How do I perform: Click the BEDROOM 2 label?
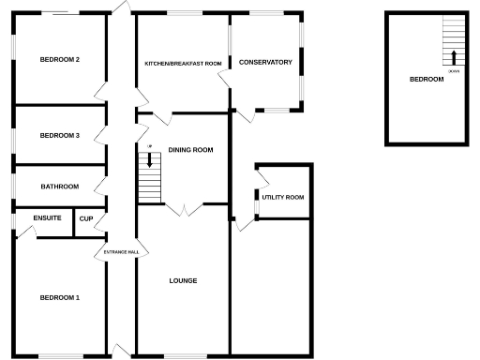point(59,60)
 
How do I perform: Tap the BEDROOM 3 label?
point(59,136)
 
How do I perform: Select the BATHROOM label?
point(59,187)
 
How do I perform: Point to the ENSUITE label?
point(47,218)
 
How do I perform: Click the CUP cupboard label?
point(86,218)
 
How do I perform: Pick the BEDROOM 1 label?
point(59,298)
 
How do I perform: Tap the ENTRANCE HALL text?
point(121,252)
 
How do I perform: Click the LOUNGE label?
point(183,280)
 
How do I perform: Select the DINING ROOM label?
point(190,150)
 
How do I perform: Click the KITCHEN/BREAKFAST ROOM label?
point(183,63)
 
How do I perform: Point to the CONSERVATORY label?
point(265,63)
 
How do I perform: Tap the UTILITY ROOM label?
point(283,198)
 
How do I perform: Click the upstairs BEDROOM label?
point(427,80)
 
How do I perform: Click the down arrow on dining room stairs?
point(149,161)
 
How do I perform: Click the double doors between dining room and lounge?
point(183,210)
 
